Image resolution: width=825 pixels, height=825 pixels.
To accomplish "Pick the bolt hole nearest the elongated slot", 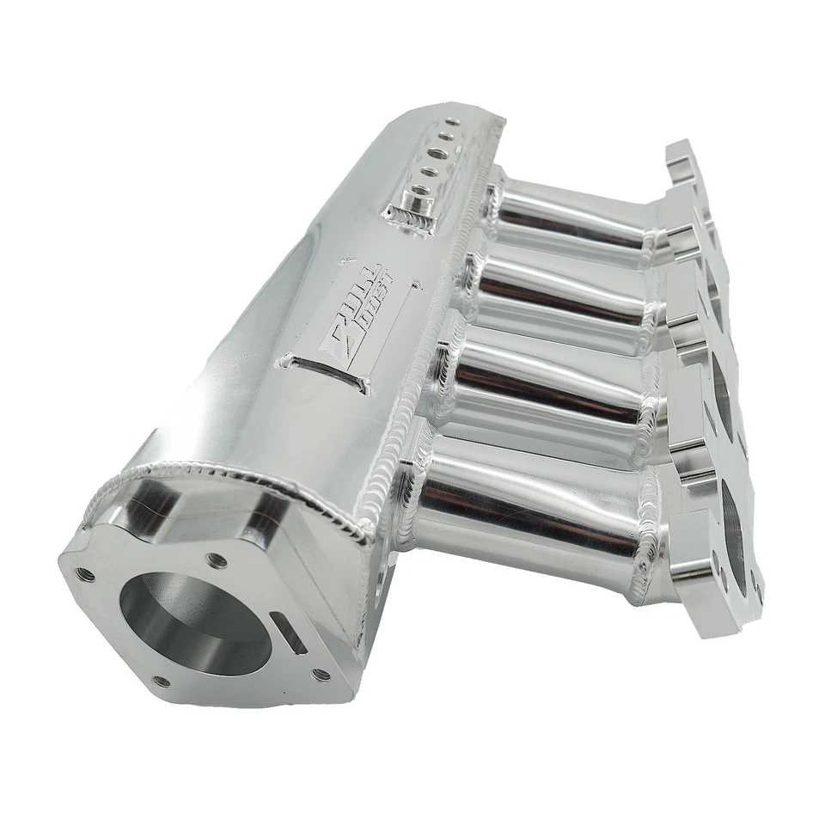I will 321,675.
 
